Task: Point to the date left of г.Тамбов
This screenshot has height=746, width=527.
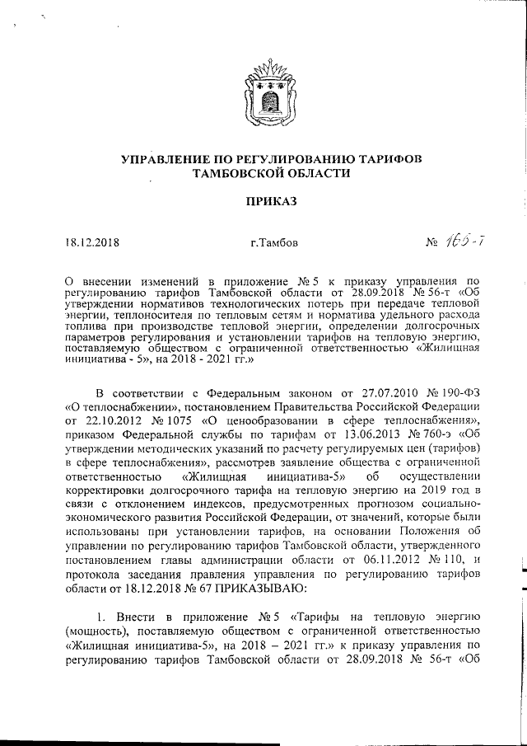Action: point(92,243)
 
